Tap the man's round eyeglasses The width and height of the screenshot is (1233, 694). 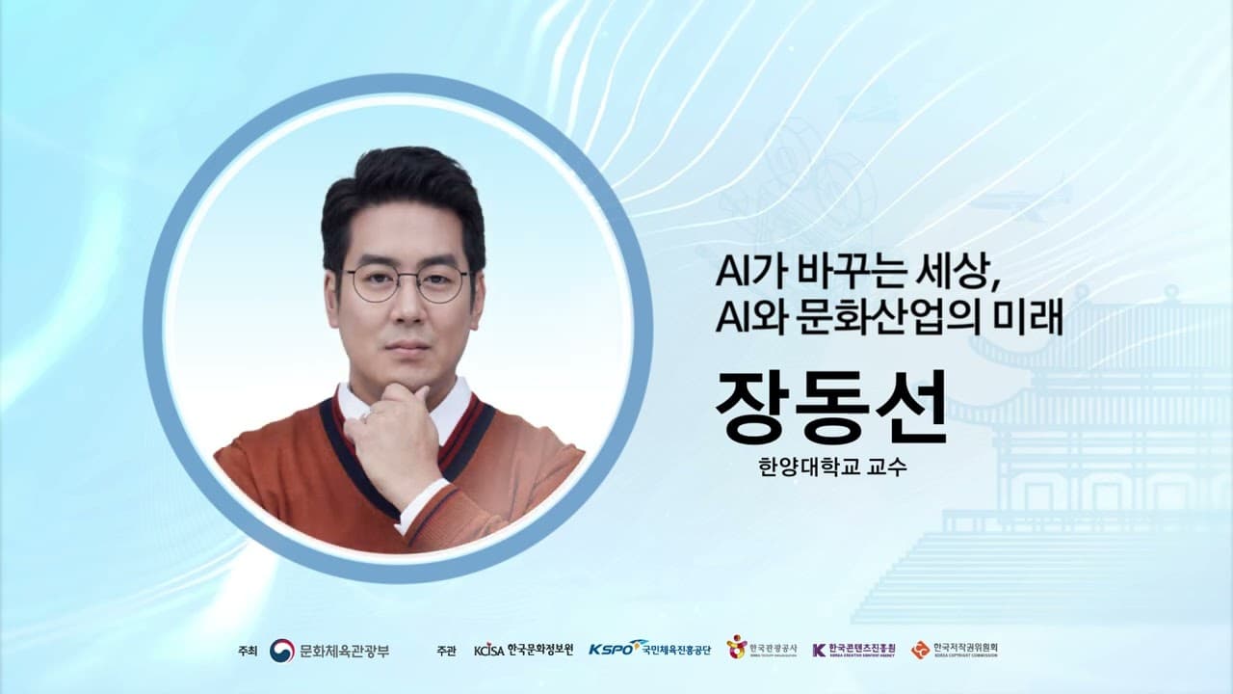point(407,283)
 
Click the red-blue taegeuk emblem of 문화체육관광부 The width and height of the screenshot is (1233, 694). point(281,650)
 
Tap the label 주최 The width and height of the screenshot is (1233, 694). point(249,651)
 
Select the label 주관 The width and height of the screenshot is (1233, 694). point(445,651)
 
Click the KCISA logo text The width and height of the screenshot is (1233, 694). point(489,650)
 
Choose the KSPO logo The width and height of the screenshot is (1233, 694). point(616,648)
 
